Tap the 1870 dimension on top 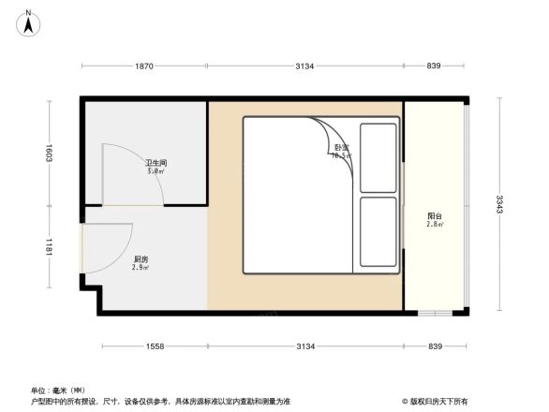tap(144, 66)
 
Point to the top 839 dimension tap(434, 66)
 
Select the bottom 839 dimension tap(434, 347)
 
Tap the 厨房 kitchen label tap(141, 259)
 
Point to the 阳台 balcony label tap(434, 216)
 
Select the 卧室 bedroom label tap(341, 148)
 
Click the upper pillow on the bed tap(378, 154)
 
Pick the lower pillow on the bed tap(378, 232)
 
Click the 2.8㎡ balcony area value tap(434, 225)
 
